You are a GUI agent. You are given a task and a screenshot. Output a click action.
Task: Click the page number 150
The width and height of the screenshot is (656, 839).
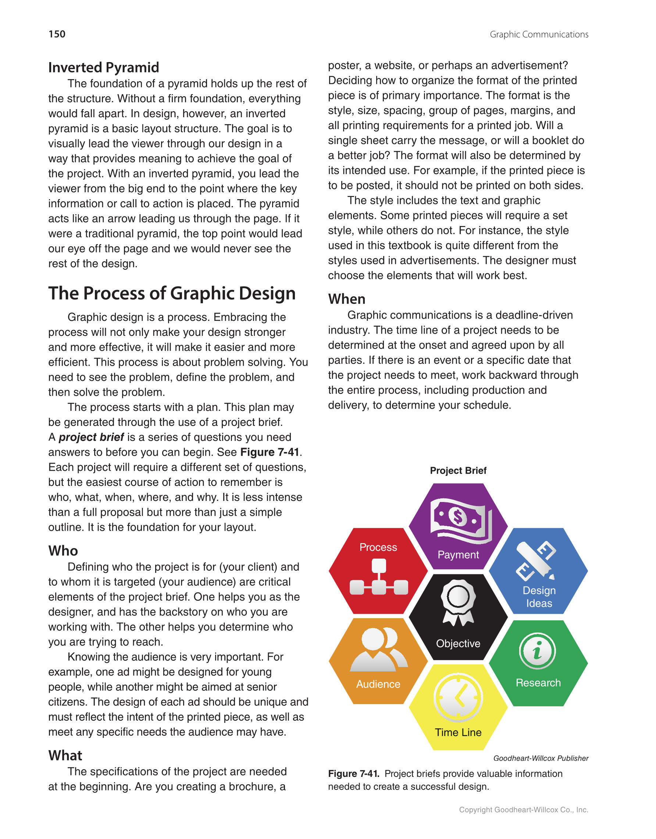tap(57, 34)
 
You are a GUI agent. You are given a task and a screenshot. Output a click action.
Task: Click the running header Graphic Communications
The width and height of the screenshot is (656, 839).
tap(539, 35)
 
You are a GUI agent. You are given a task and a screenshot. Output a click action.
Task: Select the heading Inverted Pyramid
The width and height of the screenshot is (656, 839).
tap(103, 68)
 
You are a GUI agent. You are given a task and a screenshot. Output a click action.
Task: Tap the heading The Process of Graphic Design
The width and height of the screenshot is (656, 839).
tap(172, 294)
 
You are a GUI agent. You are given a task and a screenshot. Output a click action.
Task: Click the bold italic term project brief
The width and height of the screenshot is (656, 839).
tap(91, 437)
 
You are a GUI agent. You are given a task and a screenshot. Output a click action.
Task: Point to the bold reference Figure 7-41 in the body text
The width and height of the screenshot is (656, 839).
tap(270, 452)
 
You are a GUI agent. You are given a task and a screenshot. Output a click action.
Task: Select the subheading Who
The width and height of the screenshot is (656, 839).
tap(63, 551)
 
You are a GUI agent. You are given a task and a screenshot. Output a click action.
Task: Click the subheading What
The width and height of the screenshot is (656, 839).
tap(65, 756)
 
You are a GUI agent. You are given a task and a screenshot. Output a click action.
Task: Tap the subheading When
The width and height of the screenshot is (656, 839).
tap(347, 299)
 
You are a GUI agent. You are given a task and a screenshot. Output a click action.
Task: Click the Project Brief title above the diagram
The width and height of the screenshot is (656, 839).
tap(458, 471)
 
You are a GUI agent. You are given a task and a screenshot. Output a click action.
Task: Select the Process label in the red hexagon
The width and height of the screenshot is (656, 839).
tap(378, 547)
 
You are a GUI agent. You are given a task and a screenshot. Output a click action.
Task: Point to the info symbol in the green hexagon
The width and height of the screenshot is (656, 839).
tap(538, 651)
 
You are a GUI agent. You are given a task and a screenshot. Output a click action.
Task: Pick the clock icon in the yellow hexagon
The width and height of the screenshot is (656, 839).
tap(458, 697)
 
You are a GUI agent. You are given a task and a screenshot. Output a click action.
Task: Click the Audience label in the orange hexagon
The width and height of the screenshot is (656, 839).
tap(378, 684)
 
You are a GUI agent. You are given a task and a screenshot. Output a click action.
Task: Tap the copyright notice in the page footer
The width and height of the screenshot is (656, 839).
tap(523, 810)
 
